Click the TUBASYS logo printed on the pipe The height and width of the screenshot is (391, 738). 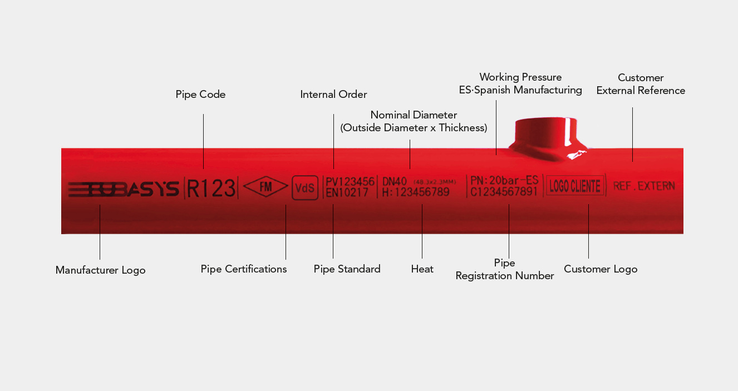pos(123,189)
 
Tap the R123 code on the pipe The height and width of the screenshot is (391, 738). pos(211,188)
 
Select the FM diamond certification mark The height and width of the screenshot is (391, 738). pos(266,187)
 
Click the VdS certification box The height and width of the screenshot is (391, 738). pos(305,188)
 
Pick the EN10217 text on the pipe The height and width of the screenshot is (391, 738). pos(347,192)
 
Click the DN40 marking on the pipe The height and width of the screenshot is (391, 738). pos(395,181)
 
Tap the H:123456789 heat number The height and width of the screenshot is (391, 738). pos(416,192)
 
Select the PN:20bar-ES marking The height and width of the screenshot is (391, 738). pos(504,180)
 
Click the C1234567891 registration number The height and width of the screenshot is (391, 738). pos(504,192)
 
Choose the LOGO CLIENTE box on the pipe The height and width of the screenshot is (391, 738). pos(575,186)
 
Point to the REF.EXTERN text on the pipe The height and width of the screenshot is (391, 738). pos(644,186)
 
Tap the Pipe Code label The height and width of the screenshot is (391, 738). pos(200,95)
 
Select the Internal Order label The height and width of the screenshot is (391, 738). pos(333,95)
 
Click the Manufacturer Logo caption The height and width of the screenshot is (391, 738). pos(100,270)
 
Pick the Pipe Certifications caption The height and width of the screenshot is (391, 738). pos(244,269)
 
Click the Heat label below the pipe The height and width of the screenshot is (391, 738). pos(422,269)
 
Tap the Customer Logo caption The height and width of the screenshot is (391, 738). pos(601,269)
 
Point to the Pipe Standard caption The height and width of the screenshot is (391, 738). pos(347,269)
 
